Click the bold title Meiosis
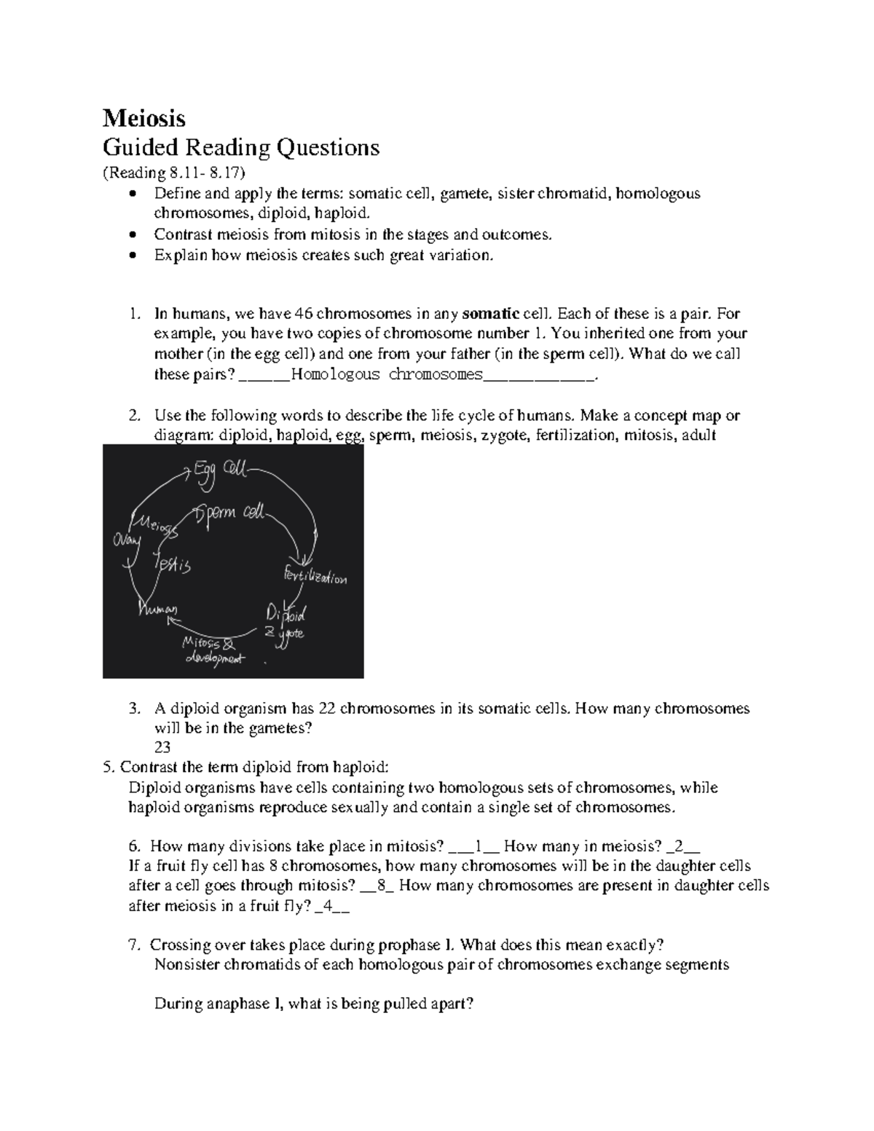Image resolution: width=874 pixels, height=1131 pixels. (x=143, y=118)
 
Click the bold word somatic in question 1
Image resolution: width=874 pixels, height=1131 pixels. (x=490, y=315)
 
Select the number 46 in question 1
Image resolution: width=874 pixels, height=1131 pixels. (x=303, y=315)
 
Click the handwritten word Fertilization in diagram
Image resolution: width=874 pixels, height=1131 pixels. (x=315, y=575)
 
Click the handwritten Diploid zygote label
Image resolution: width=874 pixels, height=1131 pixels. (x=286, y=623)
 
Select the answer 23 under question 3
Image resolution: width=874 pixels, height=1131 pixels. (x=162, y=747)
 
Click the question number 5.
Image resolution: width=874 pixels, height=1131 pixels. (x=109, y=767)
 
